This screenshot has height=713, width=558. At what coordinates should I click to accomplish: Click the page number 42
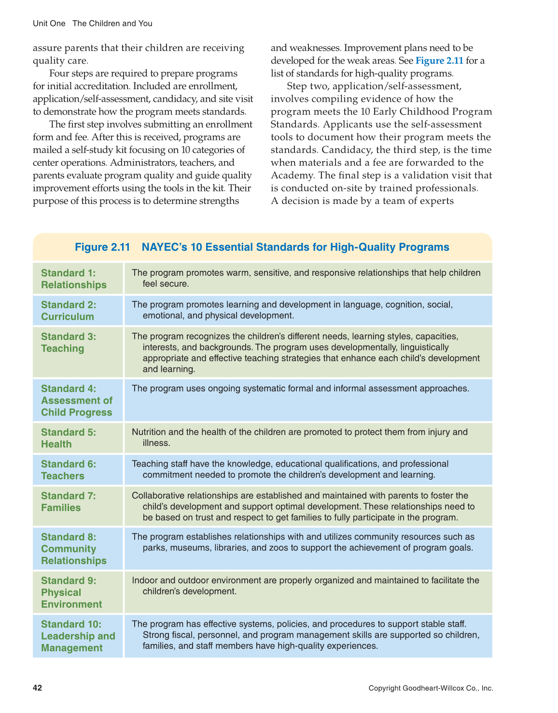[x=37, y=688]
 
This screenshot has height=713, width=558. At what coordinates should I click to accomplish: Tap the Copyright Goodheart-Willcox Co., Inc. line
[x=431, y=688]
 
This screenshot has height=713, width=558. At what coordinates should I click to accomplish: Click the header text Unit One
[x=49, y=24]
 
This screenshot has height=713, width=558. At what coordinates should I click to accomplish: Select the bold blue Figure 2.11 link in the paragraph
[x=439, y=61]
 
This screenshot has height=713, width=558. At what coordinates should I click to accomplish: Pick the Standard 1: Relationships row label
[x=73, y=279]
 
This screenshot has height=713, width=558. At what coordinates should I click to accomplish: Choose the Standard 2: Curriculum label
[x=68, y=310]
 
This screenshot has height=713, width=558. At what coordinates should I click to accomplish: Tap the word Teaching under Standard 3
[x=62, y=349]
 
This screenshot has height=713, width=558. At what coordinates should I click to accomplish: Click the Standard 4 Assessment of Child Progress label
[x=76, y=400]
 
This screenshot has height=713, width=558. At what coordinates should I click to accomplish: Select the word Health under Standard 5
[x=56, y=444]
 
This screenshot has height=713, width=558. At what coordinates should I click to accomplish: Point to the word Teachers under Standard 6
[x=62, y=476]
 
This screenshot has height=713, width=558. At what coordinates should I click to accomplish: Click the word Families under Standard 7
[x=61, y=508]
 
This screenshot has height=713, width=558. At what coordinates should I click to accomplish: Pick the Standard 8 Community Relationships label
[x=73, y=549]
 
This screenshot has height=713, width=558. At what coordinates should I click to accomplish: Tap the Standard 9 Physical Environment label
[x=71, y=592]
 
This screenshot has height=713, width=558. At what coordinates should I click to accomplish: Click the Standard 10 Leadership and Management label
[x=78, y=636]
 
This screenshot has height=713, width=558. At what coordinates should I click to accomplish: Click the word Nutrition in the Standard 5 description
[x=148, y=432]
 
